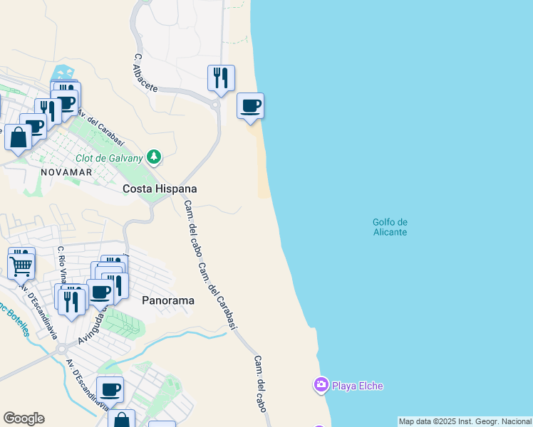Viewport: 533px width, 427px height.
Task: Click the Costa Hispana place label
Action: tap(160, 189)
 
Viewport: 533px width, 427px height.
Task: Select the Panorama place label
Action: tap(168, 300)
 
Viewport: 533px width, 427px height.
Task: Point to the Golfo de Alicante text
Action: tap(390, 227)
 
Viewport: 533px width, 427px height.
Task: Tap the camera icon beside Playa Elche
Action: tap(321, 386)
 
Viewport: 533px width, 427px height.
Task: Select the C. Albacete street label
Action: tap(144, 71)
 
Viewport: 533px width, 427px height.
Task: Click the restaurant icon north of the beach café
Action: tap(221, 77)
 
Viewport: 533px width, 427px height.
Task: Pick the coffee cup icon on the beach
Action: tap(250, 106)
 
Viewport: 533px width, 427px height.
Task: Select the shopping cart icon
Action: tap(21, 266)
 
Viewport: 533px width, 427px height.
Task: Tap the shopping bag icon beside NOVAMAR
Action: tap(18, 137)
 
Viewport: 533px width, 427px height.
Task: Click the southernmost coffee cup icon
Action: tap(110, 389)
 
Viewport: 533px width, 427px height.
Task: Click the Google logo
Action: tap(24, 418)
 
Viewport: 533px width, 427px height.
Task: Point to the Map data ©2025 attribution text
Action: tap(465, 421)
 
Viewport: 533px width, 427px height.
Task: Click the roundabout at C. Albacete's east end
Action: tap(214, 105)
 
